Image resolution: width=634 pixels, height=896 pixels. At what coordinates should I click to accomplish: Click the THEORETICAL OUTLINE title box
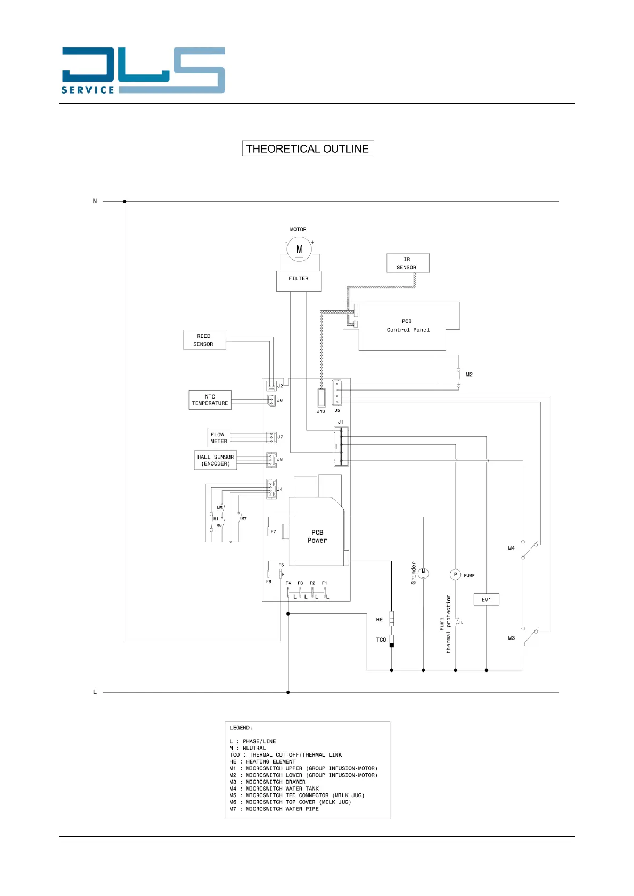pyautogui.click(x=308, y=148)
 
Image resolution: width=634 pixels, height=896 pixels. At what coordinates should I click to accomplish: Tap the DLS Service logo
pyautogui.click(x=143, y=71)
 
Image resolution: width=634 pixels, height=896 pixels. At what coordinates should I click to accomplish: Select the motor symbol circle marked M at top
pyautogui.click(x=299, y=249)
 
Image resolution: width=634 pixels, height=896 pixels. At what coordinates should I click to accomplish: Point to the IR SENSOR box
pyautogui.click(x=407, y=263)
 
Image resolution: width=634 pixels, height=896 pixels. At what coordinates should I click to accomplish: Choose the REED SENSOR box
pyautogui.click(x=204, y=340)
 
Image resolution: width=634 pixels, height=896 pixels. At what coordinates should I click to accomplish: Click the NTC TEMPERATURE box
pyautogui.click(x=210, y=400)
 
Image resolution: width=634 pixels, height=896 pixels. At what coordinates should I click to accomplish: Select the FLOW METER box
pyautogui.click(x=218, y=438)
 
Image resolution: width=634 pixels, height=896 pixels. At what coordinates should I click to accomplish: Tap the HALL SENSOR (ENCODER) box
pyautogui.click(x=215, y=460)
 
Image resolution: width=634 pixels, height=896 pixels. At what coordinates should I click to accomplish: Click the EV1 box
pyautogui.click(x=486, y=600)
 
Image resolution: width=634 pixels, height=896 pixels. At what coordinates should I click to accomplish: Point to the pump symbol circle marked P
pyautogui.click(x=455, y=575)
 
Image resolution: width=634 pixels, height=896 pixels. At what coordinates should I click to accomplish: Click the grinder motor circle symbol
pyautogui.click(x=423, y=573)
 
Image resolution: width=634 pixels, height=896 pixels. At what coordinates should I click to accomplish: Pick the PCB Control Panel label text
pyautogui.click(x=408, y=326)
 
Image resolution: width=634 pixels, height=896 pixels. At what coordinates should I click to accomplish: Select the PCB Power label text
pyautogui.click(x=317, y=536)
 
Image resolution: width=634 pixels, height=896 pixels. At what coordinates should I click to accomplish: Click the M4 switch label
pyautogui.click(x=511, y=548)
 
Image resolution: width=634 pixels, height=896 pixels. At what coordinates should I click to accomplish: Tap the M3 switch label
pyautogui.click(x=511, y=638)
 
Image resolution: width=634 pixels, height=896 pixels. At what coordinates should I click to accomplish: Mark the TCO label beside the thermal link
pyautogui.click(x=381, y=640)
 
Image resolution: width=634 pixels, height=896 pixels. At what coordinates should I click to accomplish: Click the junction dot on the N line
pyautogui.click(x=125, y=202)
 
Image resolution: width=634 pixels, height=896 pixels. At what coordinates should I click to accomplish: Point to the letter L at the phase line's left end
pyautogui.click(x=95, y=692)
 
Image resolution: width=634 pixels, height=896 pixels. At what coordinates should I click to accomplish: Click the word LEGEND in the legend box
pyautogui.click(x=240, y=728)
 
